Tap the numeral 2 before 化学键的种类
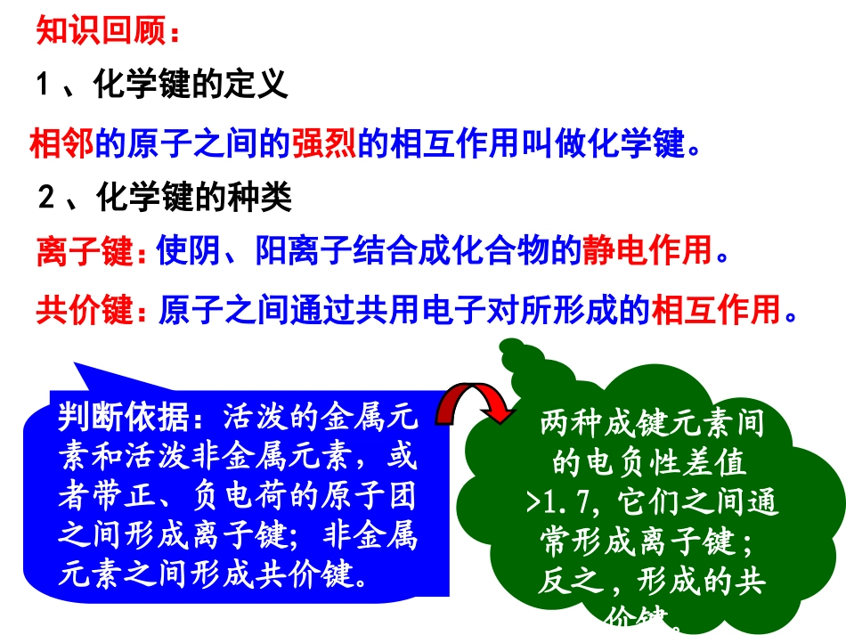47,197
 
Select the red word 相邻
61,142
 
